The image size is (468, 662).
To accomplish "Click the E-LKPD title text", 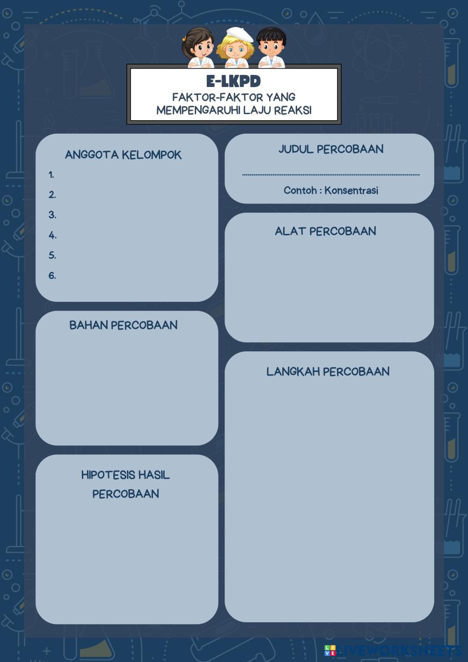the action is point(234,81).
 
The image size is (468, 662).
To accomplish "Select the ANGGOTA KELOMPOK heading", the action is point(123,155).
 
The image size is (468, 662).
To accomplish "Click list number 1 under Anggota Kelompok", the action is point(51,175).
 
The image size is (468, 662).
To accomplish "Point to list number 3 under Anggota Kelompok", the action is point(52,215).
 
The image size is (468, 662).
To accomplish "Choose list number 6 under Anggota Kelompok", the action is point(52,276).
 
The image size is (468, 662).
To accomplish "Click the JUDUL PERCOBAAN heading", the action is point(331,149).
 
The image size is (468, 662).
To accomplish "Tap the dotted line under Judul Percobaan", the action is point(330,175).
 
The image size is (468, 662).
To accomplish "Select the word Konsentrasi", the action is point(351,190).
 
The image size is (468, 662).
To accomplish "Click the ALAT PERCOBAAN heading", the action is point(325,231).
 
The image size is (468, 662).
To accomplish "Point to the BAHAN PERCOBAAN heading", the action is point(123,325).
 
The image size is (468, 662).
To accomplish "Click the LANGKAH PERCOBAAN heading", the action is point(328,371).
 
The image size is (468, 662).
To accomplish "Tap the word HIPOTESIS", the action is point(107,475).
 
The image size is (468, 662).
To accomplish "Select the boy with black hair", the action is point(271,47).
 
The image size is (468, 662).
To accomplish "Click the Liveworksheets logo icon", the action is point(330,650).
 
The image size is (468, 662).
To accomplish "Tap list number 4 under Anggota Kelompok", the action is point(52,235).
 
